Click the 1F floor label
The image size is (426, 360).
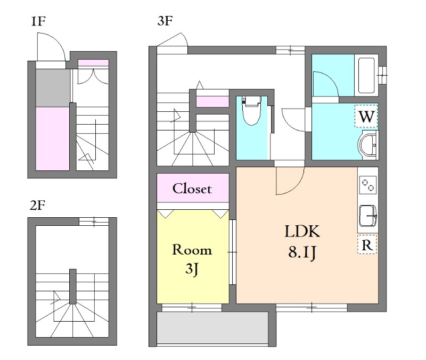tap(38, 21)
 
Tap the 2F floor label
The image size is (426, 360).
tap(37, 206)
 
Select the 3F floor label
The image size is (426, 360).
tap(165, 21)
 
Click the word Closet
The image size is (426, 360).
tap(192, 189)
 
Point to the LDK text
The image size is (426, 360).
tap(302, 232)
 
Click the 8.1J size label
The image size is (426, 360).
tap(302, 252)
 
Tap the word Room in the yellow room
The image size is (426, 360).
tap(192, 250)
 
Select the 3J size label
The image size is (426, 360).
tap(192, 269)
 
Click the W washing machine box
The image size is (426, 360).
tap(366, 116)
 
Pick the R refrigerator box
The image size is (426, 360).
tap(367, 244)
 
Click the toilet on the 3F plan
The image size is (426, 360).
tap(252, 110)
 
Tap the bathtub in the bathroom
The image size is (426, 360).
tap(366, 75)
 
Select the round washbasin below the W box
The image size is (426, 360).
tap(368, 145)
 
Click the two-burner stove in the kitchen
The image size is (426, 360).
tap(368, 185)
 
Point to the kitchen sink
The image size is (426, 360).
tap(368, 216)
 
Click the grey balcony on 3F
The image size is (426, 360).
tap(212, 328)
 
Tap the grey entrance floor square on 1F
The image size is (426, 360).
tap(53, 88)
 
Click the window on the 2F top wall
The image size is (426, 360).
tap(94, 222)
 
